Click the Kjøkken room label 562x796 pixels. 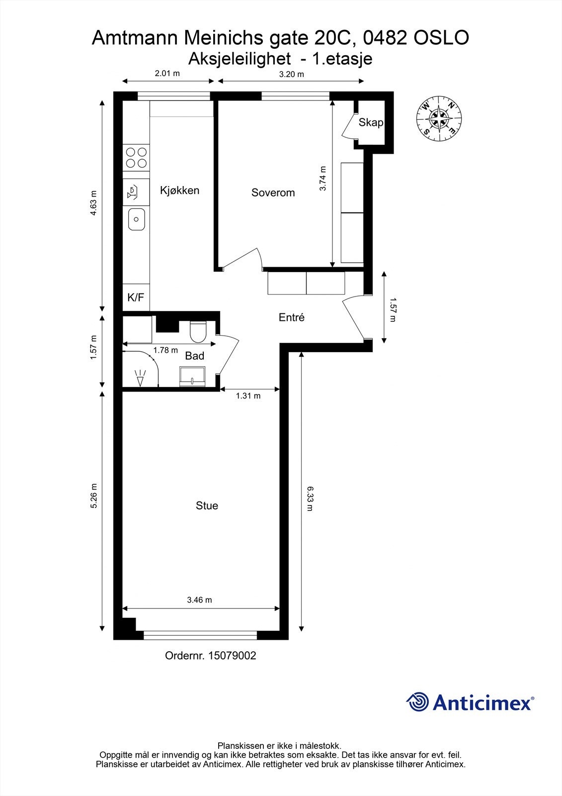(179, 190)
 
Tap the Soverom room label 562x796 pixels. (273, 193)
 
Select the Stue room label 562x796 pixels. (207, 505)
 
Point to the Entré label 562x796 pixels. (291, 317)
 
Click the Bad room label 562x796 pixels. (194, 356)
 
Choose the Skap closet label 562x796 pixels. (371, 122)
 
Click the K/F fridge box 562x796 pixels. (136, 298)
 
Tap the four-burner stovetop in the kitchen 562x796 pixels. (136, 157)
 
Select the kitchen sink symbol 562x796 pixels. (136, 219)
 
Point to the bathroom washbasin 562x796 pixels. (192, 377)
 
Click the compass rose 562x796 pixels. (439, 118)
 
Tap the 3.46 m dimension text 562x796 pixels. (199, 600)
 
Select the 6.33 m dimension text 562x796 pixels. (310, 499)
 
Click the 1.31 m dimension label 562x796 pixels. (248, 396)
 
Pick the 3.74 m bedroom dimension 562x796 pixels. (323, 179)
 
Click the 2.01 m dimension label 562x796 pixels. (167, 73)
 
